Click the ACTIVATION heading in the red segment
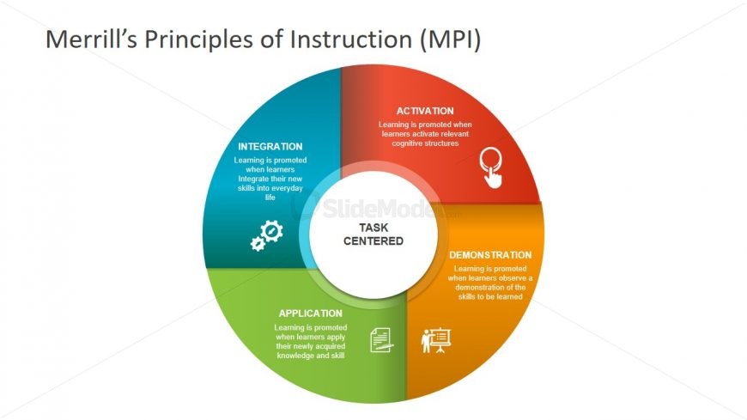[425, 111]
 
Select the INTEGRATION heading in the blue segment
[270, 147]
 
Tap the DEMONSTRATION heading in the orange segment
[490, 255]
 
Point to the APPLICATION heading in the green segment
[310, 313]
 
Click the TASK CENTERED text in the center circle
[373, 234]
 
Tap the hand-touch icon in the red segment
[491, 167]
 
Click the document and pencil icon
[381, 340]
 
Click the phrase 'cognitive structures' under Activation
[425, 143]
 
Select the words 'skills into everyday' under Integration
[270, 188]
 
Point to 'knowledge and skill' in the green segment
[310, 355]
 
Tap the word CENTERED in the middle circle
[373, 241]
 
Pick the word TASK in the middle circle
[373, 228]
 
